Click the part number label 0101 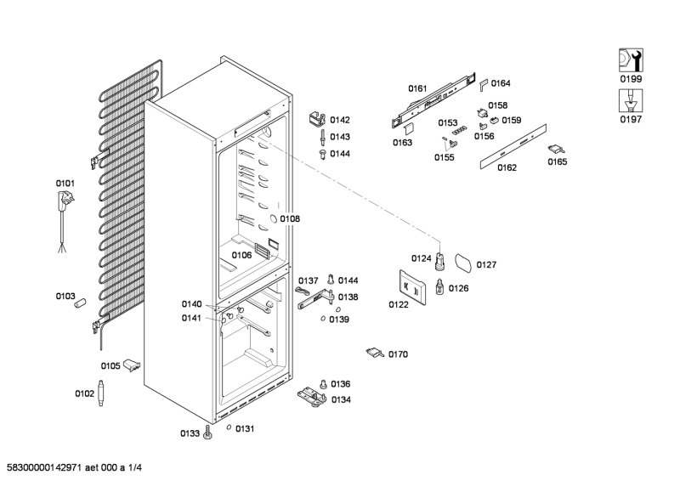(65, 183)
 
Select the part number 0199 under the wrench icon (630, 79)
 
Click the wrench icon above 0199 (630, 59)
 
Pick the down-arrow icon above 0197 (630, 100)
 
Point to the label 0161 (416, 88)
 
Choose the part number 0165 (558, 161)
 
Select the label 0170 (399, 354)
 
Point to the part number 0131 (245, 428)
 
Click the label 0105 (110, 366)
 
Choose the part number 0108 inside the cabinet (290, 218)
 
